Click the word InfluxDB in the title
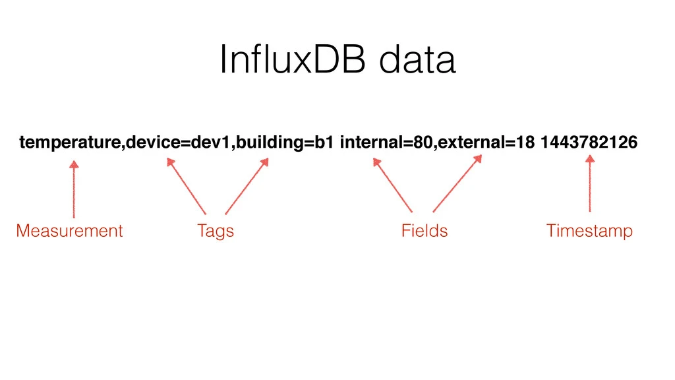click(x=293, y=59)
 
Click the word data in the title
click(x=417, y=59)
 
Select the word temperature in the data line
click(x=70, y=142)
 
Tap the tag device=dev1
click(x=178, y=142)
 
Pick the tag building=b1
click(x=285, y=142)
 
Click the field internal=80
click(x=386, y=142)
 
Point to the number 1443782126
click(x=589, y=142)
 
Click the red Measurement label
click(x=69, y=230)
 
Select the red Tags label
click(x=216, y=231)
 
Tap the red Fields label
click(x=425, y=230)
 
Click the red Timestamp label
click(x=589, y=231)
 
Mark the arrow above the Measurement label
click(x=74, y=189)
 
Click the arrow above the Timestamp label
click(x=590, y=183)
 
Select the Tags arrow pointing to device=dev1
click(x=186, y=186)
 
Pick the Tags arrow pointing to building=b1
click(x=247, y=186)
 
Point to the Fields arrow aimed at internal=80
click(x=393, y=185)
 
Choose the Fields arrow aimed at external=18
click(x=457, y=183)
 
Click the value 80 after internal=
click(x=423, y=142)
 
